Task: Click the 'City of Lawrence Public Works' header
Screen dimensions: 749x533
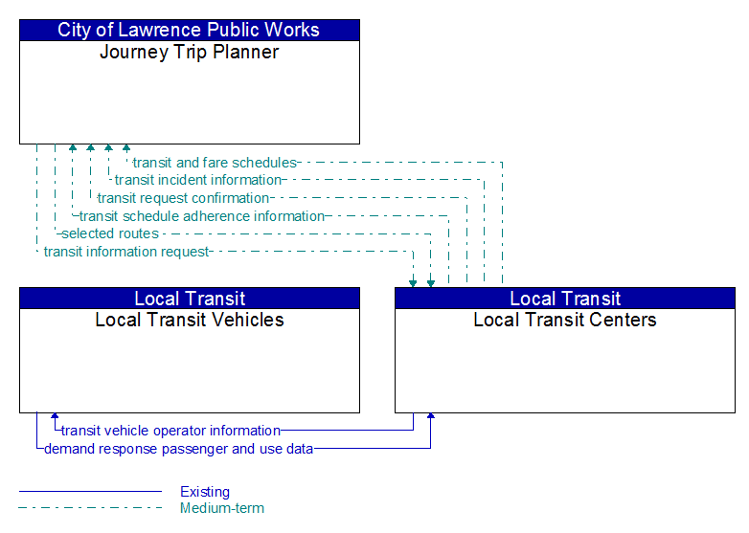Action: click(x=189, y=30)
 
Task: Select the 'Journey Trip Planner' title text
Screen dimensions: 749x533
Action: click(x=189, y=52)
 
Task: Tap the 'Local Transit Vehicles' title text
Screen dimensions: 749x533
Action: click(x=190, y=320)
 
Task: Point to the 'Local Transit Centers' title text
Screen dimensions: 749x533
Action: click(x=565, y=320)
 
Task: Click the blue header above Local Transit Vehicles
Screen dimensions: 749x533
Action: click(x=190, y=299)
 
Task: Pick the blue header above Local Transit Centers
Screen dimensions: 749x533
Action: click(x=565, y=299)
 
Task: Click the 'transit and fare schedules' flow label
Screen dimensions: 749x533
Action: click(x=215, y=163)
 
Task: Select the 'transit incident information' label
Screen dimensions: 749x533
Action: click(x=197, y=180)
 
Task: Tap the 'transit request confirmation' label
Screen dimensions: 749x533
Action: click(x=183, y=198)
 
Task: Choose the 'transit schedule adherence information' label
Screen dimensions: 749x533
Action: click(x=201, y=216)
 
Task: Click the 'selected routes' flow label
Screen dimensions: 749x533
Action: click(x=110, y=233)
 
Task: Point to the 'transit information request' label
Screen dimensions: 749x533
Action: click(x=126, y=252)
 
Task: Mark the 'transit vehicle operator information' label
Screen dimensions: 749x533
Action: click(x=170, y=431)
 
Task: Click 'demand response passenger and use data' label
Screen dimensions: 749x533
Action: click(x=178, y=449)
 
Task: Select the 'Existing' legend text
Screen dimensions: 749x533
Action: click(x=205, y=492)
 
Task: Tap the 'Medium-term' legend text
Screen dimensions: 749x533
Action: click(x=222, y=508)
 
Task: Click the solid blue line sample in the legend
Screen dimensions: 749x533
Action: click(x=90, y=491)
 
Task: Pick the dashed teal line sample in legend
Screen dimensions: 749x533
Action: click(x=90, y=508)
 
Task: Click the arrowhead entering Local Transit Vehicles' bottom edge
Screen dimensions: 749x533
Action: click(x=55, y=416)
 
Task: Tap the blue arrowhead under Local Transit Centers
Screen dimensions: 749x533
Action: click(x=431, y=416)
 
